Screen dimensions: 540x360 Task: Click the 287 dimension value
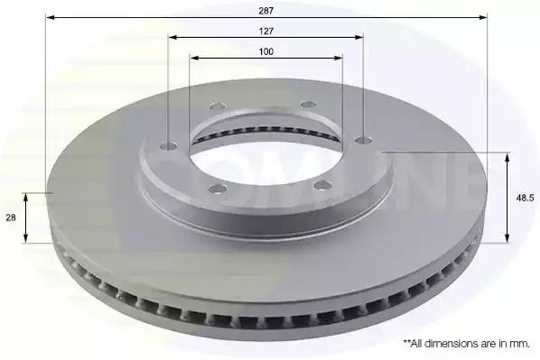266,11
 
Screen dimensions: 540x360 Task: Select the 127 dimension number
266,32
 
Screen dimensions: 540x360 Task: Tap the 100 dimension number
266,51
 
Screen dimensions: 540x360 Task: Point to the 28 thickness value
11,217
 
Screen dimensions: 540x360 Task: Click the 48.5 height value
525,198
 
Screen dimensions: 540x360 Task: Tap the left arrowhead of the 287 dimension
51,17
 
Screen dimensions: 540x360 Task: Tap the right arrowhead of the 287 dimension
482,17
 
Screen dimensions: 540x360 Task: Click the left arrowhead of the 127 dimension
173,37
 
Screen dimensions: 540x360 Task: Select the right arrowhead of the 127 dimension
358,37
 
